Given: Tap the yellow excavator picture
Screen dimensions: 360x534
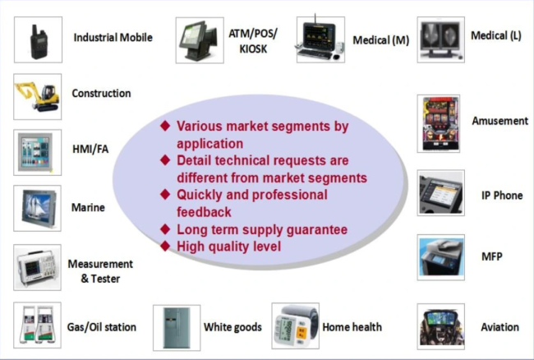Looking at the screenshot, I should click(x=37, y=96).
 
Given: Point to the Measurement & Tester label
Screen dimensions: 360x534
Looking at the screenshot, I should click(x=100, y=271).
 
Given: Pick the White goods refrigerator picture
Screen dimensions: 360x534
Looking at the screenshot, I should click(x=176, y=327).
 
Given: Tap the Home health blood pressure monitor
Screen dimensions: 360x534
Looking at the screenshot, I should click(x=296, y=327).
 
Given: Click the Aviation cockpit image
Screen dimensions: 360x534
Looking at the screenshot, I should click(x=441, y=326).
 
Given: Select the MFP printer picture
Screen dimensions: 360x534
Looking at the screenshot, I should click(x=441, y=257).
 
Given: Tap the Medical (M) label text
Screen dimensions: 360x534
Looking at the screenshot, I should click(x=380, y=39).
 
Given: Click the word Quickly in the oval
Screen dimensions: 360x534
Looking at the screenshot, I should click(x=200, y=195).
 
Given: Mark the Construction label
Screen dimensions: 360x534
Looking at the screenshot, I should click(x=101, y=94).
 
